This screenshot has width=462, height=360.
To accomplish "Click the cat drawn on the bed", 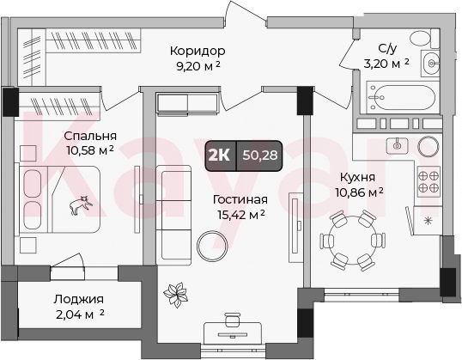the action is coord(81,204).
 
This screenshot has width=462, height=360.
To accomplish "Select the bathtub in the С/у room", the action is coord(401,98).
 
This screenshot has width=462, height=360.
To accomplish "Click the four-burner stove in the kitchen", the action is coord(429,181).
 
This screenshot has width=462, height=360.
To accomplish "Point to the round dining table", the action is coord(352,240).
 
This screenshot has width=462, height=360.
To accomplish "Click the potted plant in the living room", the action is coord(175,295).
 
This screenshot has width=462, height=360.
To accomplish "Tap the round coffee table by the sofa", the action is coord(212,246).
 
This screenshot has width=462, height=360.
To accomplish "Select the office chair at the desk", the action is coord(232,320).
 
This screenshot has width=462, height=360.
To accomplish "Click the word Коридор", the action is coord(198,51).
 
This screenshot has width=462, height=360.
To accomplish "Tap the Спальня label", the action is coord(90,137).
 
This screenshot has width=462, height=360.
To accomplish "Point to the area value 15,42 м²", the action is coord(240,215).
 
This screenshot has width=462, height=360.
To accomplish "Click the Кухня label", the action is coord(358,178).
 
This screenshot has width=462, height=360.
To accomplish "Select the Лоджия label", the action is coord(79,300).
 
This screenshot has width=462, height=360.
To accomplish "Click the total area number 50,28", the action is coord(260,155).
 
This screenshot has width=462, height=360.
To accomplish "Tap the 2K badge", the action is coord(219,156).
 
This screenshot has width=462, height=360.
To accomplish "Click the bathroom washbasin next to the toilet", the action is coord(431,63).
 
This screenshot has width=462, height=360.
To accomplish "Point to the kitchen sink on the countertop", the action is coord(398,145).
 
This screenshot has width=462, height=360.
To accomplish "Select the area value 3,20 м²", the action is coord(386,64).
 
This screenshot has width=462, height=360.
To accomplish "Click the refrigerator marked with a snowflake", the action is coord(428,221).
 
